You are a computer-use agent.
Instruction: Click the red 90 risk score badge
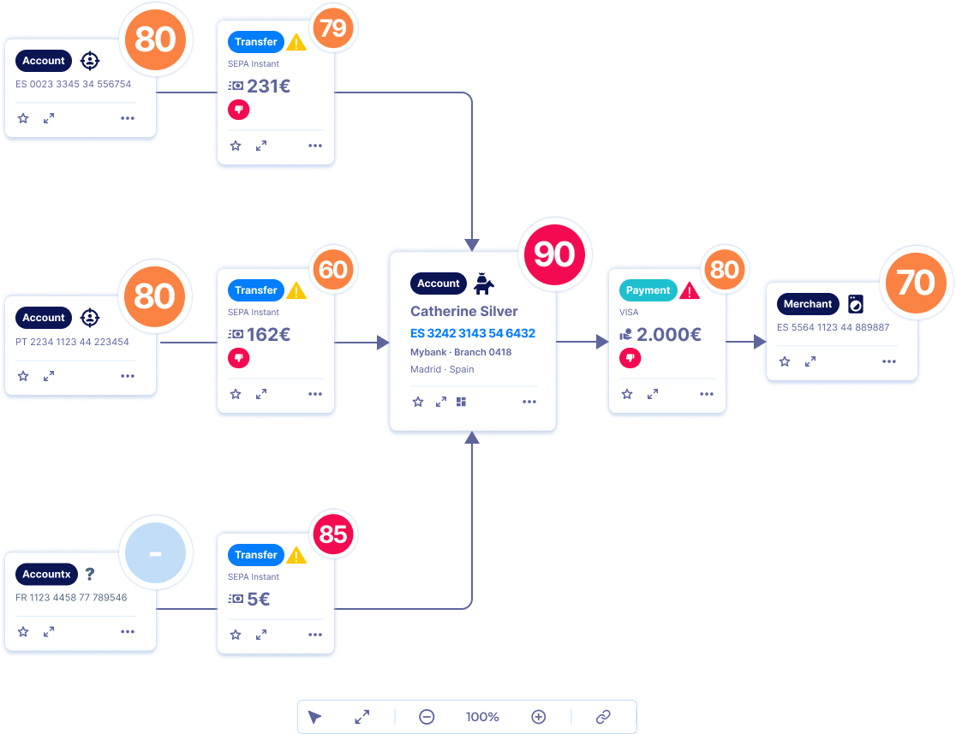tap(554, 254)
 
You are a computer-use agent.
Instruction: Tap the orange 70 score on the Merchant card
tap(916, 282)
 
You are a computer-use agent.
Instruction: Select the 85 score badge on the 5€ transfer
tap(333, 534)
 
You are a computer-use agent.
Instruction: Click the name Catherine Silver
tap(464, 312)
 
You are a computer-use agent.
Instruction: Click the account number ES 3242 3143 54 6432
tap(473, 333)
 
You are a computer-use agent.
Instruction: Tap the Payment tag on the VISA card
tap(648, 290)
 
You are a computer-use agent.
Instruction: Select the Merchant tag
tap(808, 304)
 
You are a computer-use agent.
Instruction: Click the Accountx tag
tap(47, 575)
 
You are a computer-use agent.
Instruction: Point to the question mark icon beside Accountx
tap(90, 575)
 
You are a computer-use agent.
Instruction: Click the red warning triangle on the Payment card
tap(690, 291)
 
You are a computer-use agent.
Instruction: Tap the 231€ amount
tap(268, 86)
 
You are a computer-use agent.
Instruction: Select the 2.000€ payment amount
tap(668, 335)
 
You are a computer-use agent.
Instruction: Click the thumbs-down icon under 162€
tap(238, 358)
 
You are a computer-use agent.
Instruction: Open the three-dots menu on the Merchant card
tap(889, 361)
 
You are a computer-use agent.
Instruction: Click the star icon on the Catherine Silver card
tap(418, 402)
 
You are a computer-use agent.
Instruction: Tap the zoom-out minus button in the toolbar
tap(427, 717)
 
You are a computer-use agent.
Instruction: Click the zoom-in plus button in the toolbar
tap(538, 717)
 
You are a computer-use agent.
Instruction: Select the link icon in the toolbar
tap(603, 717)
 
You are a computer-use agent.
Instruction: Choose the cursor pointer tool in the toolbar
tap(314, 717)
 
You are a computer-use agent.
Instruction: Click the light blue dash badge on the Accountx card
tap(155, 554)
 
